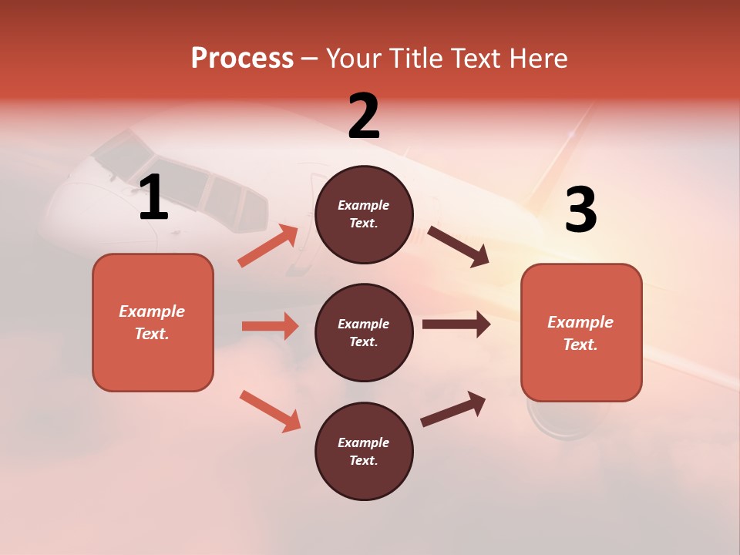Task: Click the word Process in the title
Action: tap(242, 59)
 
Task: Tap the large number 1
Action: tap(153, 198)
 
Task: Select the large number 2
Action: tap(364, 116)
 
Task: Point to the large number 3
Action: tap(580, 210)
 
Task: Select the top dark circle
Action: tap(364, 214)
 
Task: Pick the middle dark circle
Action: tap(364, 332)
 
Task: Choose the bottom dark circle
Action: tap(364, 451)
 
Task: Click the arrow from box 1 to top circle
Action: tap(268, 246)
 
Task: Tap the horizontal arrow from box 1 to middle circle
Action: tap(270, 326)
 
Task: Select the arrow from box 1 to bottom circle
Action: tap(271, 411)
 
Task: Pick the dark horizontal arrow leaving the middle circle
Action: tap(456, 324)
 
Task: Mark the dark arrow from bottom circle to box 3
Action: tap(453, 409)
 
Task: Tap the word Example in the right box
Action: tap(580, 322)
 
